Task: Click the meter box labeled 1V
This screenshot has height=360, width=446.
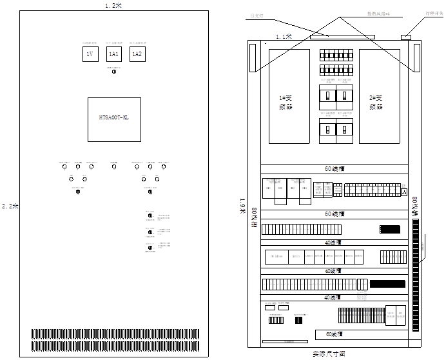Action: pyautogui.click(x=90, y=55)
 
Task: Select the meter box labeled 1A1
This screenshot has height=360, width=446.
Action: pyautogui.click(x=113, y=55)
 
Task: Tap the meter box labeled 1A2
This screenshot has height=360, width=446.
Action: pyautogui.click(x=137, y=55)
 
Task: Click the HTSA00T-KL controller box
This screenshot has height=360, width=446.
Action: pyautogui.click(x=114, y=119)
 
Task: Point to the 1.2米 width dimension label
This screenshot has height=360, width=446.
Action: pyautogui.click(x=113, y=5)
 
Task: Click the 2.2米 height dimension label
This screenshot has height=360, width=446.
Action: pyautogui.click(x=10, y=206)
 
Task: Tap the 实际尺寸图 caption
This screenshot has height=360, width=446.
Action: pyautogui.click(x=328, y=354)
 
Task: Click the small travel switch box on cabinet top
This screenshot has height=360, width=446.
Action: pyautogui.click(x=406, y=37)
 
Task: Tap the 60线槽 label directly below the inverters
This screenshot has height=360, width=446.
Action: pyautogui.click(x=334, y=169)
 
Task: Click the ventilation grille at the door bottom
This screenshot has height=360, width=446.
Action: pyautogui.click(x=114, y=337)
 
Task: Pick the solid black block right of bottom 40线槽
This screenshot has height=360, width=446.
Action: pyautogui.click(x=387, y=284)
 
